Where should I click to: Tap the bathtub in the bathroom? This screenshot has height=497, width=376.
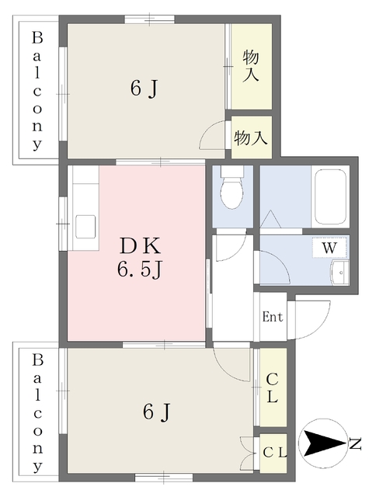click(329, 196)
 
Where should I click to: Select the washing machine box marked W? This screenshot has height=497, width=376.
click(329, 247)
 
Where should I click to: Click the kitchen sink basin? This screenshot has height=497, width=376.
click(85, 227)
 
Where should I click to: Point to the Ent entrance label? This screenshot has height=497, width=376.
click(273, 317)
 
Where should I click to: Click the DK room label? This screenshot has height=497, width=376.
click(140, 246)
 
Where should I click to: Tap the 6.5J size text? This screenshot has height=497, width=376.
click(140, 271)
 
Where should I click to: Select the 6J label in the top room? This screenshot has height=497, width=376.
click(144, 89)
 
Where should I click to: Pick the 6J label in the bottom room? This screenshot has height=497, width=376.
click(157, 412)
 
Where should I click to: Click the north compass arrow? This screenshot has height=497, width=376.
click(324, 443)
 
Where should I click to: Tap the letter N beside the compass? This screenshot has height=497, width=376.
click(355, 443)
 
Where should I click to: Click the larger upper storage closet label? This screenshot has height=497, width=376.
click(251, 67)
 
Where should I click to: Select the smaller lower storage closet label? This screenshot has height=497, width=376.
click(251, 138)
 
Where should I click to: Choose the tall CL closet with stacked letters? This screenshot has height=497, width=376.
click(273, 388)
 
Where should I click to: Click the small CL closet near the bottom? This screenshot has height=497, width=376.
click(275, 453)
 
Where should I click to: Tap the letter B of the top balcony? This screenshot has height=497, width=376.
click(37, 38)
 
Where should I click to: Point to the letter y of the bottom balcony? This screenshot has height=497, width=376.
click(37, 467)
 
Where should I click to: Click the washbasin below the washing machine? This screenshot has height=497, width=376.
click(339, 273)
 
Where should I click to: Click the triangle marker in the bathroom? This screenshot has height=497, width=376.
click(270, 219)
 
